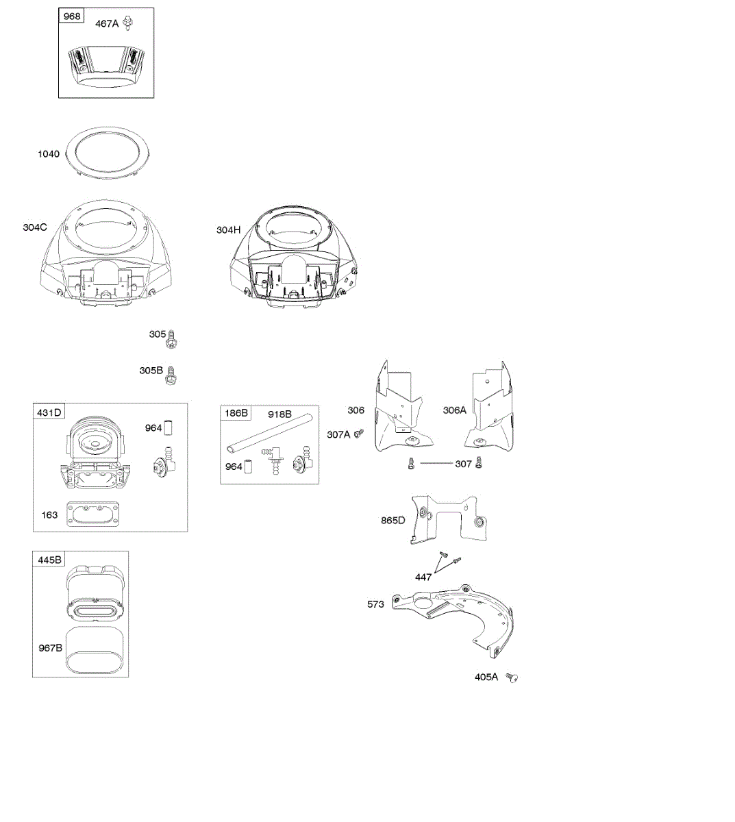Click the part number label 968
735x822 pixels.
pos(72,16)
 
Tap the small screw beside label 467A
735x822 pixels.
pos(127,23)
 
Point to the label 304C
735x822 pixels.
pos(35,227)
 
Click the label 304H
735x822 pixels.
pos(229,230)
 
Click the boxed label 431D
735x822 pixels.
pos(49,412)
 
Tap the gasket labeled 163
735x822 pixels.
pos(92,514)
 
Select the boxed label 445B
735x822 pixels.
pos(48,560)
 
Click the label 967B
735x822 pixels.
pos(50,647)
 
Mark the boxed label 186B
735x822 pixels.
pos(236,414)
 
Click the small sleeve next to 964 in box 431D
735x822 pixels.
pos(169,428)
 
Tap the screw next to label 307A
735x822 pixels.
pos(358,434)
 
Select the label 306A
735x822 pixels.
pos(454,410)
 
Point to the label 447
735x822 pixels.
pos(423,577)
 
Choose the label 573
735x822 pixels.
pos(375,604)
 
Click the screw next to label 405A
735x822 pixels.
pos(511,677)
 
